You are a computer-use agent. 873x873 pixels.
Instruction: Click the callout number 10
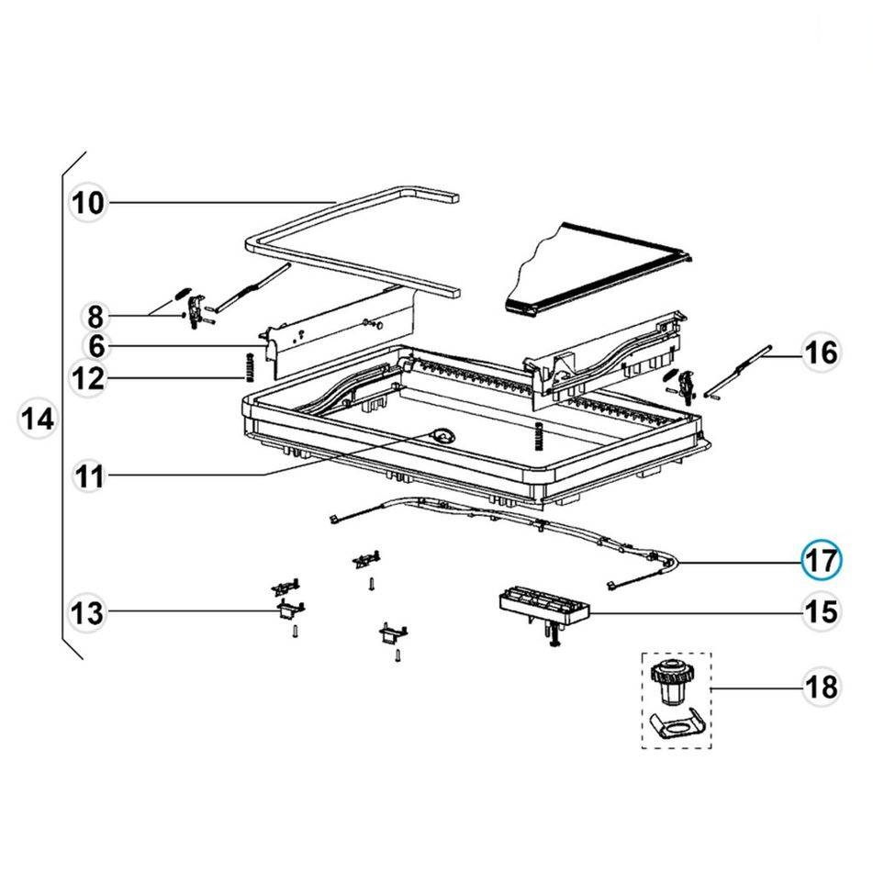88,203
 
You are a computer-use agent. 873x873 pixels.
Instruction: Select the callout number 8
95,317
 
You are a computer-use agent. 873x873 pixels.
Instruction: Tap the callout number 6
97,346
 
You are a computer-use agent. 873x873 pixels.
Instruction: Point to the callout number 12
88,379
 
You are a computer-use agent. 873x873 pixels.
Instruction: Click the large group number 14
38,418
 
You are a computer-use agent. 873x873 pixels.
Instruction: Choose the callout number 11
89,476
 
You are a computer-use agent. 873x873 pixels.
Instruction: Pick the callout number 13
87,613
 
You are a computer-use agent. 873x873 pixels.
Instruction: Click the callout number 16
822,353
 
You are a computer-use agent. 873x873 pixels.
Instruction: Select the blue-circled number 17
822,560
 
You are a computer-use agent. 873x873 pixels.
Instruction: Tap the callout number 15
822,612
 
